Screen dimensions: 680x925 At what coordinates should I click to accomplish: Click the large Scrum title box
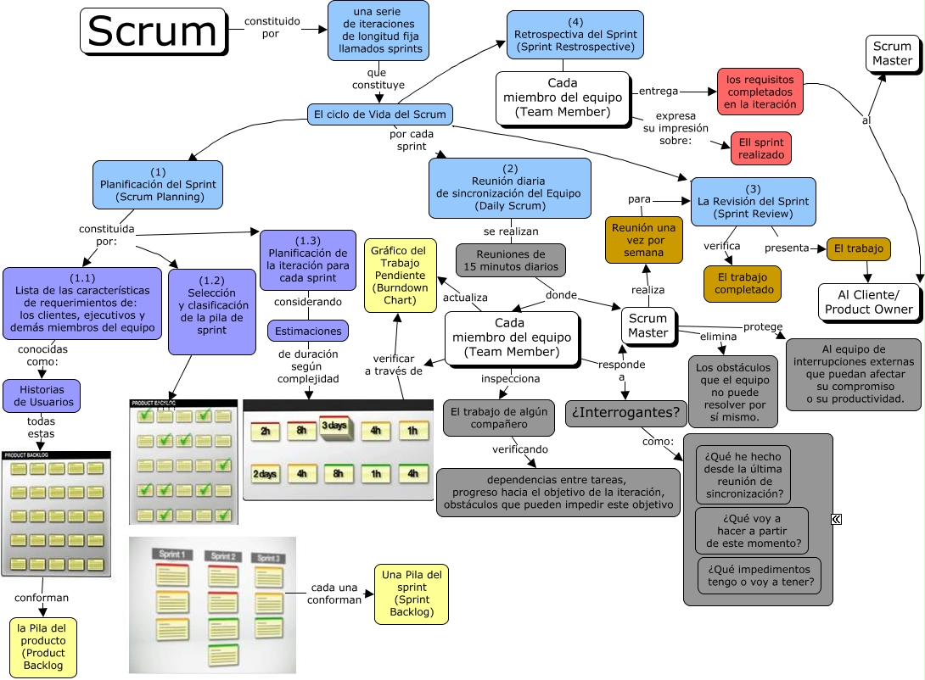point(154,31)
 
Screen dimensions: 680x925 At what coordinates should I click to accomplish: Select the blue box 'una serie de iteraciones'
point(378,31)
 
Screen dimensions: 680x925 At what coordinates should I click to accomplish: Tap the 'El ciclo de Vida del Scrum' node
point(379,114)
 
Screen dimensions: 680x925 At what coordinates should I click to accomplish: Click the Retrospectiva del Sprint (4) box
point(575,35)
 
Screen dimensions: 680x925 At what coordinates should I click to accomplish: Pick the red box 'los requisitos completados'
point(760,92)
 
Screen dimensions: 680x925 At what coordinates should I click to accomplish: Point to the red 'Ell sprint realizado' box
point(760,148)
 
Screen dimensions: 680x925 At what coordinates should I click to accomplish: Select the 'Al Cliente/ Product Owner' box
point(869,302)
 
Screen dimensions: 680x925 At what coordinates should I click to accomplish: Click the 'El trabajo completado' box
point(743,284)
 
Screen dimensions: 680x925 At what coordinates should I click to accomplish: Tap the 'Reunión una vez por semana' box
point(644,240)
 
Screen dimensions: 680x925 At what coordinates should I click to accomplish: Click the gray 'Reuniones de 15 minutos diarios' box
point(510,260)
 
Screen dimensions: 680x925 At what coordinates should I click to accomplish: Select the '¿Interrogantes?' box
point(625,413)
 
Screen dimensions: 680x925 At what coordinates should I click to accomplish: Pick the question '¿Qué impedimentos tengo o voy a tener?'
point(760,576)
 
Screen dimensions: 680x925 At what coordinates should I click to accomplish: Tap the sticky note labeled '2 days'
point(266,474)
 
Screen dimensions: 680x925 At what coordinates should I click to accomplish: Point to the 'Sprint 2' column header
point(222,556)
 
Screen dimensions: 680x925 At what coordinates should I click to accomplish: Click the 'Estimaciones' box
point(307,331)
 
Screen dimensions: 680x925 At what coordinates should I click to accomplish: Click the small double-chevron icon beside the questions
point(836,519)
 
